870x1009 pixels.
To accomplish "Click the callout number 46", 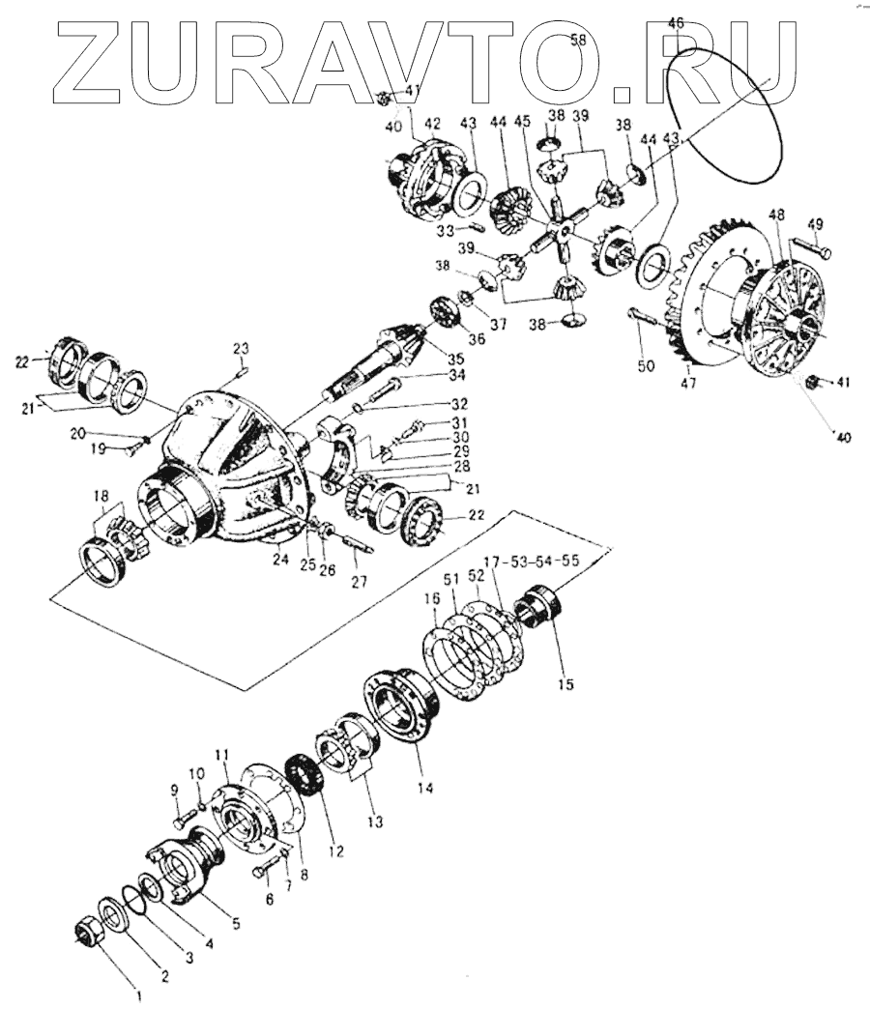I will coord(676,22).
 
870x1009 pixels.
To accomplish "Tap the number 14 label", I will coord(420,787).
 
